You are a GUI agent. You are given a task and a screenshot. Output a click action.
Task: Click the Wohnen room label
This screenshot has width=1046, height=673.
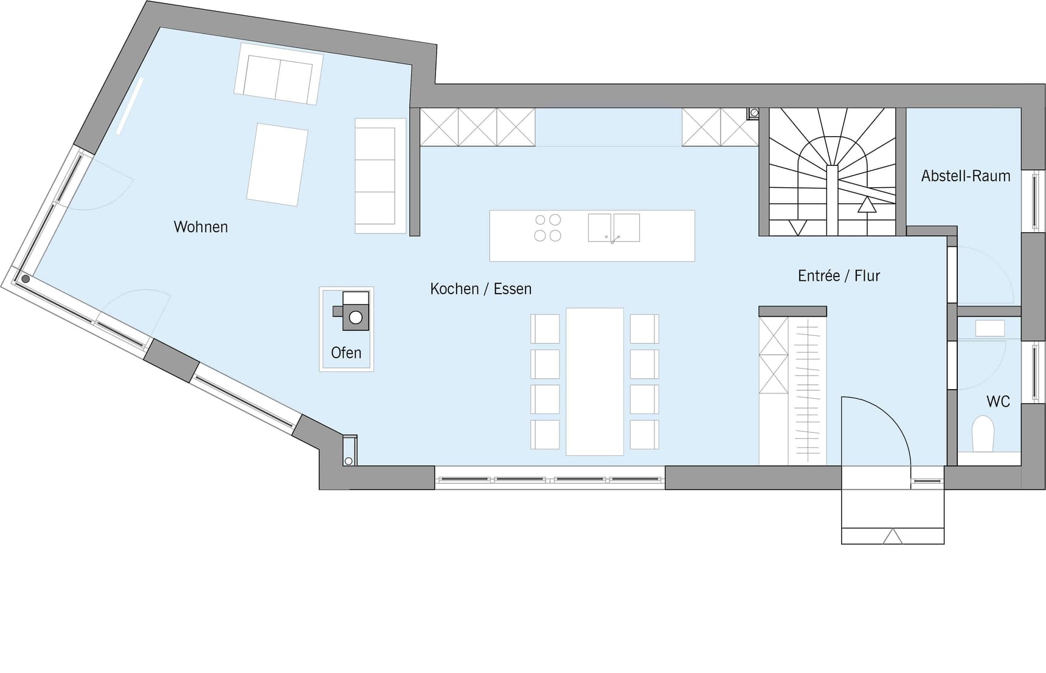tap(201, 227)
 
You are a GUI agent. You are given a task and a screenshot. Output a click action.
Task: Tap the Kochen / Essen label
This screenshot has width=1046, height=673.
tap(480, 289)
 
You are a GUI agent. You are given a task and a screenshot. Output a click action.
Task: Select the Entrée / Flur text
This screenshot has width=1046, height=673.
tap(839, 275)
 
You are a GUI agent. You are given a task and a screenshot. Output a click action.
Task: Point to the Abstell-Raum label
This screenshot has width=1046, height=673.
tap(966, 176)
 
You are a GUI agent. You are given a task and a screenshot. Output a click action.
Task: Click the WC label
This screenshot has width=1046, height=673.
tap(998, 401)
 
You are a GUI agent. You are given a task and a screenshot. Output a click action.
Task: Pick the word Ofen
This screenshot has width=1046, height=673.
tap(346, 353)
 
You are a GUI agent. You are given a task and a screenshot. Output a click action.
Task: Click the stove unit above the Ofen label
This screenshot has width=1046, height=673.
tap(352, 311)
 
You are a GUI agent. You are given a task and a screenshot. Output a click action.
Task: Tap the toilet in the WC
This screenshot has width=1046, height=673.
tap(983, 434)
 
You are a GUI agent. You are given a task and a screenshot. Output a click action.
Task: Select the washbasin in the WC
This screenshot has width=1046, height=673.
tap(989, 328)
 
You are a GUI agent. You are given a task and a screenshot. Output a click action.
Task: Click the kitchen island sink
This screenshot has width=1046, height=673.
tap(614, 228)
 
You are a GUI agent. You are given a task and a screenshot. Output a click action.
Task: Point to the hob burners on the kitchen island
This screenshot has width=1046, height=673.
tap(547, 228)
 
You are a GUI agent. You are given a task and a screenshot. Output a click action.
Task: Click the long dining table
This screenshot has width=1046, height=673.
tap(595, 381)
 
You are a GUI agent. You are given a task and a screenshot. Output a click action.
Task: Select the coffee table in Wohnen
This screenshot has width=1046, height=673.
tap(277, 165)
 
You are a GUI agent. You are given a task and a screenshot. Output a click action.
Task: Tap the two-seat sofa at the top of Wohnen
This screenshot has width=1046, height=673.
tap(279, 74)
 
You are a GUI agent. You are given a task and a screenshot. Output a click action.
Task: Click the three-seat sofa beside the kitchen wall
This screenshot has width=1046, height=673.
tap(380, 176)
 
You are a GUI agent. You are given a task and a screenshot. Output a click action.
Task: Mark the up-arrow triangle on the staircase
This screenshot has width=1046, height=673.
tap(867, 205)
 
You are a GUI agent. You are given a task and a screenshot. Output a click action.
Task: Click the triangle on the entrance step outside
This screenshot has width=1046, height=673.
tap(893, 536)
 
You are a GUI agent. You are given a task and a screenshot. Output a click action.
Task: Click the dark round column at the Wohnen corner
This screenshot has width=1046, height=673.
tap(26, 279)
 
